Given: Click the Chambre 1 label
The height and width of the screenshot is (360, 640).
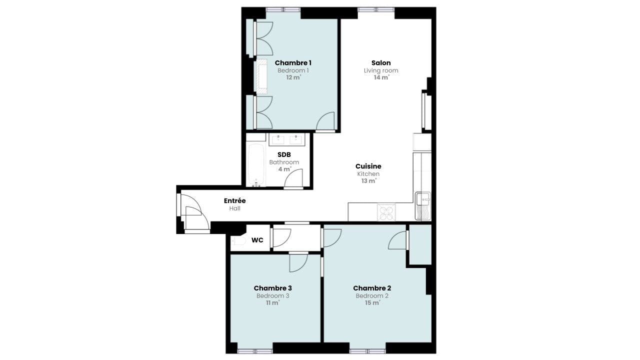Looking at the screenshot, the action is point(293,63).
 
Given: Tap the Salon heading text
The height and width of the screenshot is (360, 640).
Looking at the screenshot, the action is point(381,63).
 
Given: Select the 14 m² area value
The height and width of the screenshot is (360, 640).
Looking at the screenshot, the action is point(381,77).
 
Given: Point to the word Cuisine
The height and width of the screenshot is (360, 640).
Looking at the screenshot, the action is point(368,166).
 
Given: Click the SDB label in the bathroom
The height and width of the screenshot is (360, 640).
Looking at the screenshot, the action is point(284,154).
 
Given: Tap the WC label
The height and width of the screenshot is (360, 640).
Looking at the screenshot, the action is point(257,240).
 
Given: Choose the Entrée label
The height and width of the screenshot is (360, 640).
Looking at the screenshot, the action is point(235,201).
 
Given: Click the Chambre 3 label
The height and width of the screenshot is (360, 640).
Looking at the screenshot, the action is point(273,288).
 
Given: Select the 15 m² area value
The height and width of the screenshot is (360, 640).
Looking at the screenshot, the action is point(372,303).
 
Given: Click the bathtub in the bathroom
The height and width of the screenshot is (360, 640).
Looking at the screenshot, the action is point(256,165).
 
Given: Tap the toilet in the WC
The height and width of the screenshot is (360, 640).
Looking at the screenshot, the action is point(238,241).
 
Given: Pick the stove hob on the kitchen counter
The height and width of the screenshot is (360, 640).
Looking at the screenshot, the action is point(386,212).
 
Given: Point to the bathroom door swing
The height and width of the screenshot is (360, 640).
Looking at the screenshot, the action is point(293,178).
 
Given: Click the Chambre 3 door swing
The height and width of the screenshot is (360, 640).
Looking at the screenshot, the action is point(298,263).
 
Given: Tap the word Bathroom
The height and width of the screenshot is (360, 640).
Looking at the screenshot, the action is point(284,162).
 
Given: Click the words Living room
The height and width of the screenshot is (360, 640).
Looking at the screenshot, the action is point(381,70).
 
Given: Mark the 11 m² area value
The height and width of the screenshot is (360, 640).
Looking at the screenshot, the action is point(273,303).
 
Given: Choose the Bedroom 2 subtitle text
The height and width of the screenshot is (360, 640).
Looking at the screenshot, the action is point(372,295).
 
